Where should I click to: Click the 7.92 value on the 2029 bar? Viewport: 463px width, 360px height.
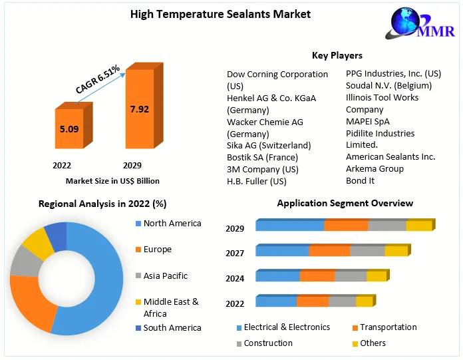(139, 109)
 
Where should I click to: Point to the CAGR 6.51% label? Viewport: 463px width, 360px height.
(98, 79)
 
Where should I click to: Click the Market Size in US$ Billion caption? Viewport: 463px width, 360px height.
(112, 180)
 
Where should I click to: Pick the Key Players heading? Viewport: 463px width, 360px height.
(337, 55)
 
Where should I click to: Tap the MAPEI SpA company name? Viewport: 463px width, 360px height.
(368, 121)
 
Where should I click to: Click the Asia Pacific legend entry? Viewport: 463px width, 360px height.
(166, 275)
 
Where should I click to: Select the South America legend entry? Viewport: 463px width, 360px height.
(172, 327)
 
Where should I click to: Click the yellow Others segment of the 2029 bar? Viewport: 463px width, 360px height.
(419, 226)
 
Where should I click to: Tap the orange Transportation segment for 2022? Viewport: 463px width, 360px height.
(313, 301)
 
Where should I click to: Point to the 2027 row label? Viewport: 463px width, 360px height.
(235, 254)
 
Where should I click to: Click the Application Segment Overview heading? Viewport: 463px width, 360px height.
(345, 203)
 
